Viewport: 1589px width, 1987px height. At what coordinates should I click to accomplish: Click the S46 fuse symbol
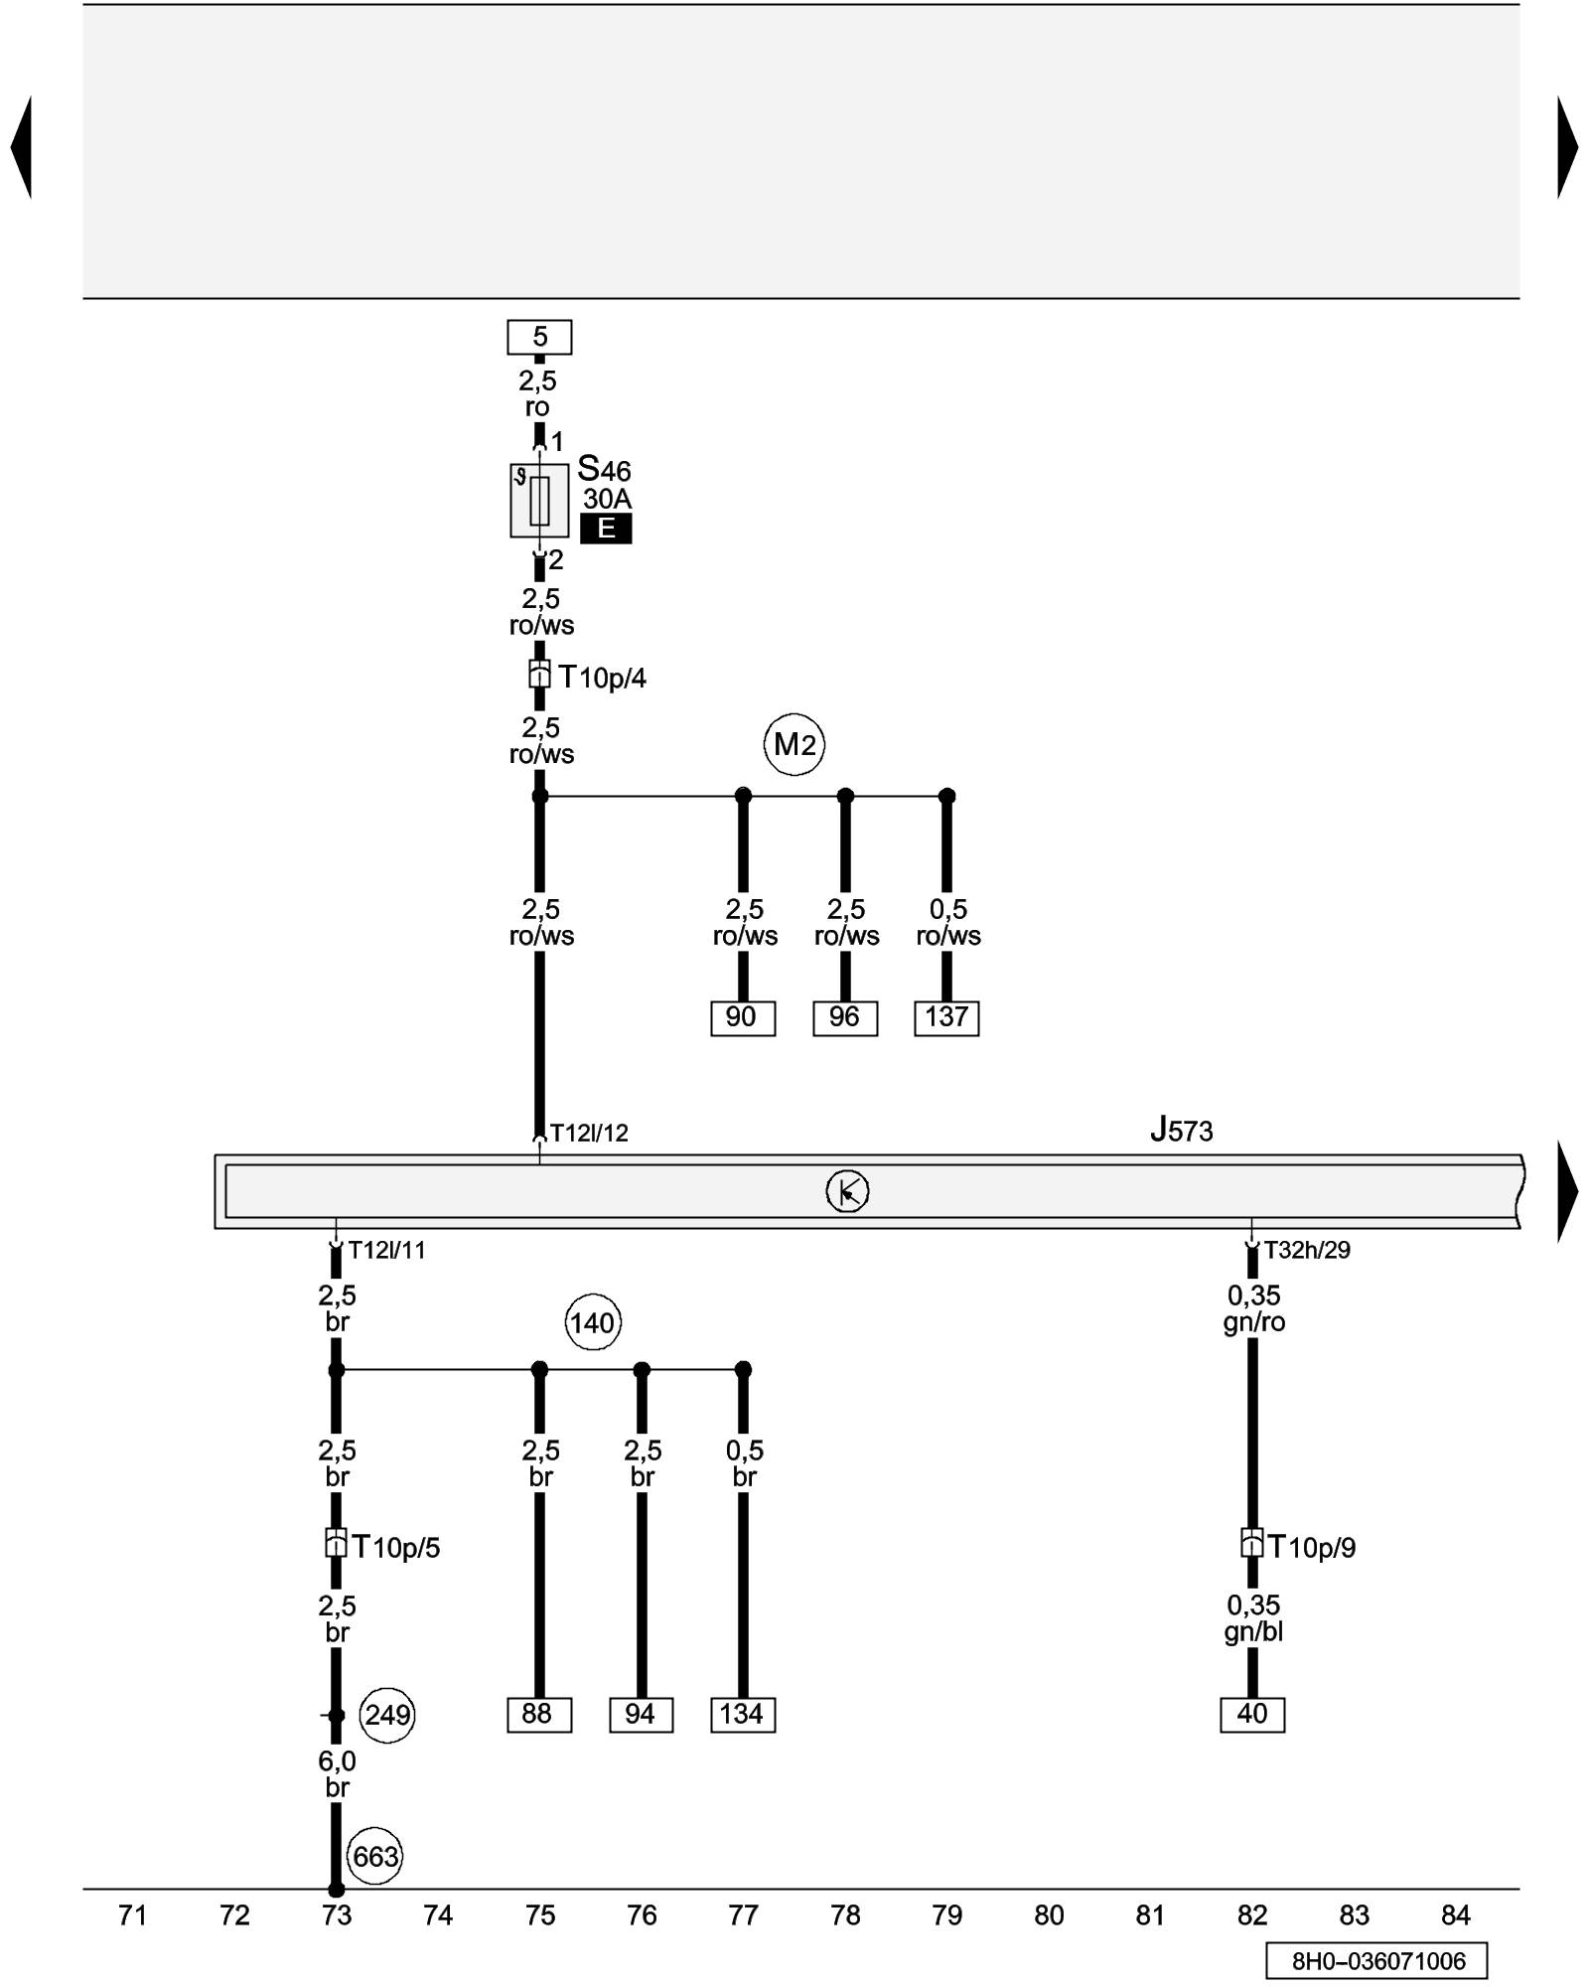click(539, 501)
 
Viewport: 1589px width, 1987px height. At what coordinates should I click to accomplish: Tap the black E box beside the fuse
click(606, 529)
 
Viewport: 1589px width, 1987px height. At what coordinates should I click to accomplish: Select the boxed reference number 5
click(539, 337)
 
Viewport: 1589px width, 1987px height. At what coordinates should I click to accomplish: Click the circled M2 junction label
click(794, 744)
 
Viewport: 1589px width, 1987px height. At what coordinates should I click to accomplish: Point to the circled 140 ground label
click(593, 1323)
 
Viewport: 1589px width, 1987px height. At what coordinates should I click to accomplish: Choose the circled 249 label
click(386, 1715)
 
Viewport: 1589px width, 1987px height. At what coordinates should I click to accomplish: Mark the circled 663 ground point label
click(375, 1856)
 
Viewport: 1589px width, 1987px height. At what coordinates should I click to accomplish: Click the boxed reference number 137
click(946, 1017)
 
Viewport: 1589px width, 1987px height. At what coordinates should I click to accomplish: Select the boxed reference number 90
click(742, 1017)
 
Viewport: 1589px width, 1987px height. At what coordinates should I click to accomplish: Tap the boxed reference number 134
click(742, 1715)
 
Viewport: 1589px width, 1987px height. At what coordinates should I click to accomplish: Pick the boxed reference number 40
click(1251, 1715)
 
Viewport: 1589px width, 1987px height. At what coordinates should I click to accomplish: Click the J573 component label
click(1181, 1131)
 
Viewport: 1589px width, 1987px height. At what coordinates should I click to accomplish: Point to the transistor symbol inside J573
click(847, 1191)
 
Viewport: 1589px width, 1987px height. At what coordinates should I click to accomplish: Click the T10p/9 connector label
click(1311, 1548)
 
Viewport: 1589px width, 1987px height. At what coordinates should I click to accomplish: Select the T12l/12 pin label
click(589, 1134)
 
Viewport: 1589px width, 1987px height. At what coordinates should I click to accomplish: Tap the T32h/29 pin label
click(1307, 1251)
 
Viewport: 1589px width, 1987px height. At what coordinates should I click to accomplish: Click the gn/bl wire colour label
click(1253, 1632)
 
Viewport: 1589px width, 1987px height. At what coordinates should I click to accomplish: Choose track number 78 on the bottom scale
click(845, 1915)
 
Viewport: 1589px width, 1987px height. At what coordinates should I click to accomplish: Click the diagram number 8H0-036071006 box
click(1376, 1961)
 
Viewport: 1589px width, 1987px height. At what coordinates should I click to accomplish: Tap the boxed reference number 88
click(538, 1715)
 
